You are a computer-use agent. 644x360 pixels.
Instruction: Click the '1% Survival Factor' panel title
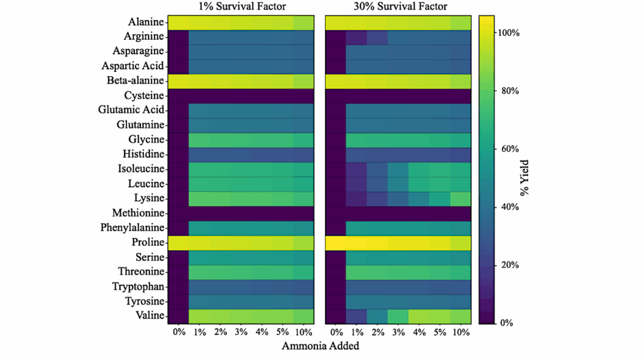pyautogui.click(x=241, y=7)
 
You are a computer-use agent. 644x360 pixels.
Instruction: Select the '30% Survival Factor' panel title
pyautogui.click(x=398, y=7)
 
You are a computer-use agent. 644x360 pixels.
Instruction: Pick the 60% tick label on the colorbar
pyautogui.click(x=509, y=149)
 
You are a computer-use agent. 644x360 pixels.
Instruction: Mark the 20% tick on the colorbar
pyautogui.click(x=509, y=265)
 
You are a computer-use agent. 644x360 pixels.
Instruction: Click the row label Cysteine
pyautogui.click(x=144, y=96)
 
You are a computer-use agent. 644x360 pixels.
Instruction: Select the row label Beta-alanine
pyautogui.click(x=135, y=81)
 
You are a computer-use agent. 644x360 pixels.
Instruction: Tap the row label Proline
pyautogui.click(x=147, y=242)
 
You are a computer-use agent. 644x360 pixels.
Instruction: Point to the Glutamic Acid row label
pyautogui.click(x=131, y=110)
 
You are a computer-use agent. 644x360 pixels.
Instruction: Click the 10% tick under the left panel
pyautogui.click(x=303, y=332)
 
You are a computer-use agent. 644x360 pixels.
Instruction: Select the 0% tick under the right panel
pyautogui.click(x=336, y=332)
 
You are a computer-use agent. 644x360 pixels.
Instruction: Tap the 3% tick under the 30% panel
pyautogui.click(x=398, y=332)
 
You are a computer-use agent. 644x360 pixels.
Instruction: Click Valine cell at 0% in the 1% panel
pyautogui.click(x=179, y=316)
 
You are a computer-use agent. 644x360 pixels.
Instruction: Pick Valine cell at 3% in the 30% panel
pyautogui.click(x=398, y=316)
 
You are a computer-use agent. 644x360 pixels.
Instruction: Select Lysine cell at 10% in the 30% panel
pyautogui.click(x=460, y=198)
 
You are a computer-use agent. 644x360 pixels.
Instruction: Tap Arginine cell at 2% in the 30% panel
pyautogui.click(x=377, y=37)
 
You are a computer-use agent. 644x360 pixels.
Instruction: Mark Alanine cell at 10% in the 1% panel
pyautogui.click(x=303, y=22)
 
